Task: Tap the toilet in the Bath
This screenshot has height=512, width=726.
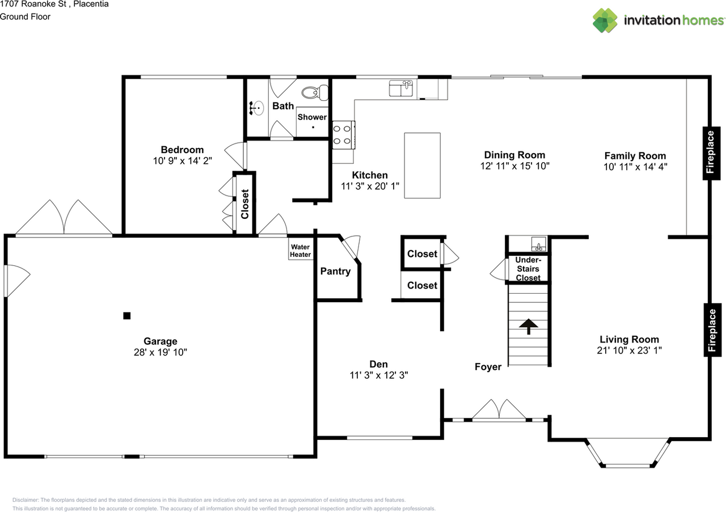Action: point(315,92)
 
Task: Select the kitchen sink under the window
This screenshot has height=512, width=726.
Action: point(401,88)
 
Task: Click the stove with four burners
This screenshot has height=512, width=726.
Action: point(344,135)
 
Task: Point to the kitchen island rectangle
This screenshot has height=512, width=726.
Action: point(423,165)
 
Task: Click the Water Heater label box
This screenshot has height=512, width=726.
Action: point(301,249)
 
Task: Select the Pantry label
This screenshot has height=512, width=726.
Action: point(335,271)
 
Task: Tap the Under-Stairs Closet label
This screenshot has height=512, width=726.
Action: point(528,269)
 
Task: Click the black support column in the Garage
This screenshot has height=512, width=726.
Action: point(126,316)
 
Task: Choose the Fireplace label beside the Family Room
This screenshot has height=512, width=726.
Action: point(711,153)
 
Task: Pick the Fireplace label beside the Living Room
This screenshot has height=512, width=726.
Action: point(712,330)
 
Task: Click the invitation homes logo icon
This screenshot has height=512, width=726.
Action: point(605,20)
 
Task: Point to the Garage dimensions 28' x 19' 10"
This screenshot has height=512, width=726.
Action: point(161,352)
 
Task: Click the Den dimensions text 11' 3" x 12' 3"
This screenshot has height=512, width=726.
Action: point(378,375)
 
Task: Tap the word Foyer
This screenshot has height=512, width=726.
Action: point(488,367)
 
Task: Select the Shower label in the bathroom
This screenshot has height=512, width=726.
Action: point(312,117)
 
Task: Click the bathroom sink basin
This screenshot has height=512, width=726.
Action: point(257,108)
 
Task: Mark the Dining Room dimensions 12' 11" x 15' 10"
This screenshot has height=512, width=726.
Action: point(514,166)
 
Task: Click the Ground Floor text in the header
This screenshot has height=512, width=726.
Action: point(25,16)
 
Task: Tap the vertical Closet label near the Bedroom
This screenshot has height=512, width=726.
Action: point(244,204)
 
